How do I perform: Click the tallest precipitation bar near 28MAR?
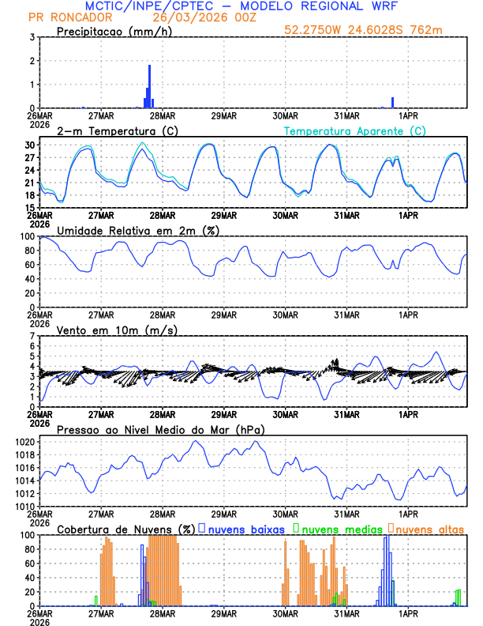click(x=149, y=87)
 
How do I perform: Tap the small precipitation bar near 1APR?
click(x=392, y=103)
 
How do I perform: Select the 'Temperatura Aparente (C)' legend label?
click(x=354, y=130)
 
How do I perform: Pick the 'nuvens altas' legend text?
click(x=430, y=528)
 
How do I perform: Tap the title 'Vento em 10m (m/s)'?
click(x=117, y=330)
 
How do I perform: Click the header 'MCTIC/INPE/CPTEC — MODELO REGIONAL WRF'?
click(x=241, y=6)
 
